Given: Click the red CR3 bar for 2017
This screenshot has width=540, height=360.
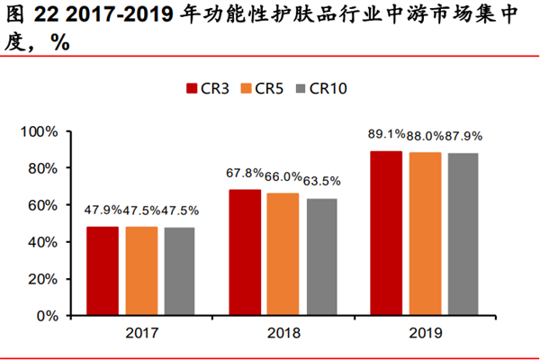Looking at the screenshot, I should click(x=103, y=271).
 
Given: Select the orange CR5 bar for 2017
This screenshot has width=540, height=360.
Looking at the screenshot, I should click(x=141, y=271).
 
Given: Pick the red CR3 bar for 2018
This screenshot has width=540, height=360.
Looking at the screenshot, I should click(x=246, y=253).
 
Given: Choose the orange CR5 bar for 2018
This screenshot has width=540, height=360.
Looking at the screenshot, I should click(x=283, y=255).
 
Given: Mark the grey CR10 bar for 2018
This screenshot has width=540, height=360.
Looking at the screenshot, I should click(x=321, y=257).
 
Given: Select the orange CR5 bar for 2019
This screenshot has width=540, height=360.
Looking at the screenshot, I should click(x=426, y=234).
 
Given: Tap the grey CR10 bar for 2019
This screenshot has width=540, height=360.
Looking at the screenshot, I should click(x=463, y=234).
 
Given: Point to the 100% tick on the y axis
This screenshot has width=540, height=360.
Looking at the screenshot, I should click(x=39, y=131).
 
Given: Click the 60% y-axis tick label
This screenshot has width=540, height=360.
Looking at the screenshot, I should click(x=42, y=205).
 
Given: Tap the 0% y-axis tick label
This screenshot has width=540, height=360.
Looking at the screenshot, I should click(x=47, y=316).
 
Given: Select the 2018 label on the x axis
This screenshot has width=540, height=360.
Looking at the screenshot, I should click(x=283, y=333).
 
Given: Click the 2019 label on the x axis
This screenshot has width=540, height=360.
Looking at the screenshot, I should click(x=426, y=333).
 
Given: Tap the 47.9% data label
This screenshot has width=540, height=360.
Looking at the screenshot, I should click(x=103, y=211).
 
